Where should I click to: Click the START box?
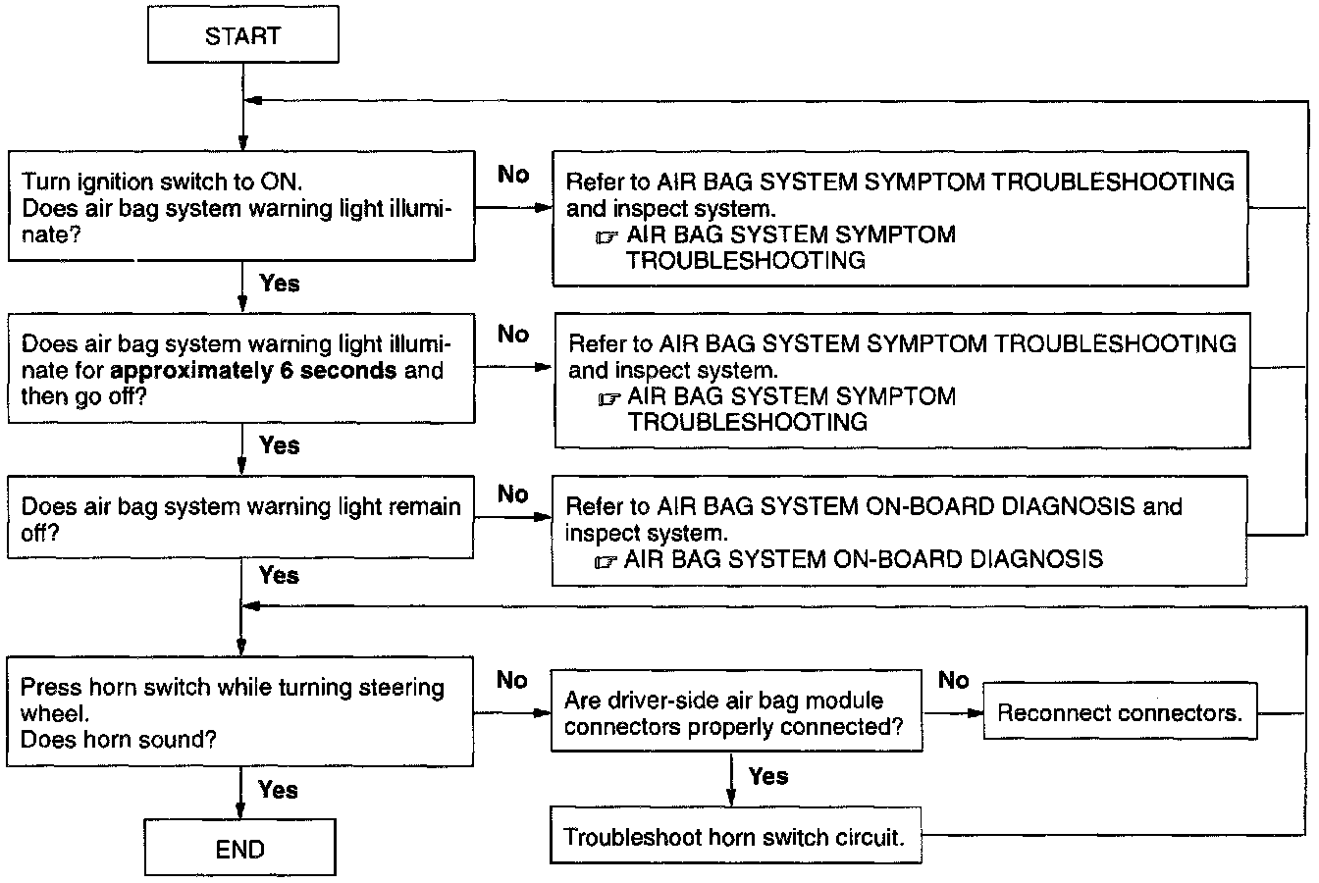(x=242, y=37)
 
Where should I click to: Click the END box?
(x=240, y=849)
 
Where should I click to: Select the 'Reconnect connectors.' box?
(x=1120, y=713)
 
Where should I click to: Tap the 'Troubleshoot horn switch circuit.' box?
(x=733, y=838)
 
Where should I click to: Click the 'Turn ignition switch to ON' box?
(x=240, y=208)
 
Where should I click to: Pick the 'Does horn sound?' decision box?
(x=240, y=713)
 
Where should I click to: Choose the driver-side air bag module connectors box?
(x=736, y=713)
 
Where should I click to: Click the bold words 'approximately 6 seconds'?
(x=255, y=371)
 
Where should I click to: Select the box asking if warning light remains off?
(x=240, y=520)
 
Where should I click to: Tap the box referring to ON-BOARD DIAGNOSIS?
(x=899, y=533)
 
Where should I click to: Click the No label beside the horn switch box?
(x=512, y=680)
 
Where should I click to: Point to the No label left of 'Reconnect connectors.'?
(x=953, y=680)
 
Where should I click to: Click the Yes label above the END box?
(x=278, y=790)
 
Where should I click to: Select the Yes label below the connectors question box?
(x=767, y=776)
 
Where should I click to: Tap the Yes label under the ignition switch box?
(x=280, y=284)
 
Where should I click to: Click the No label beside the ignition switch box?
(x=513, y=175)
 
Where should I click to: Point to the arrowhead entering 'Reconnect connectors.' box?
(x=977, y=713)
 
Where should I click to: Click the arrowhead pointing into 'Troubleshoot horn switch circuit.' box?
(x=732, y=801)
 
